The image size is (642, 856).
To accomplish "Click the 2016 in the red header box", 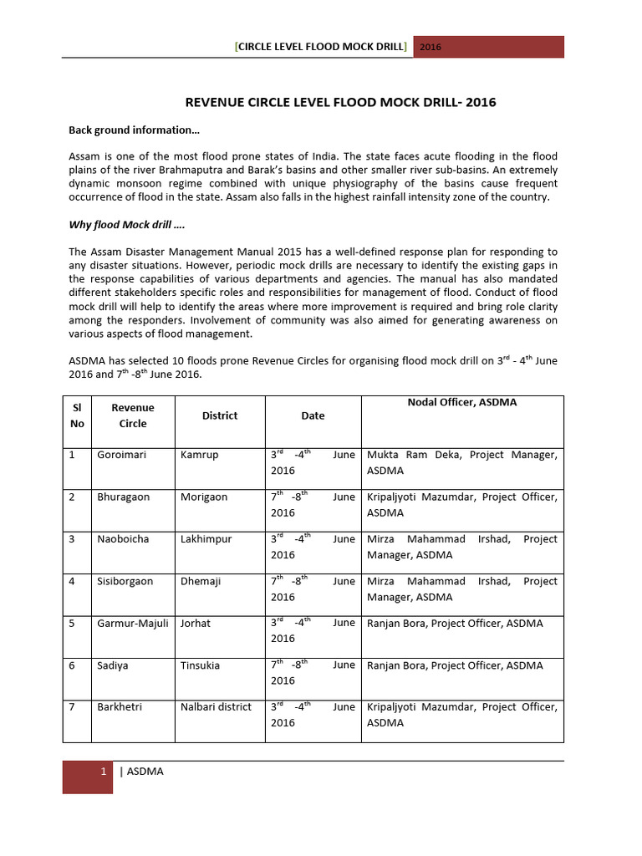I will [431, 47].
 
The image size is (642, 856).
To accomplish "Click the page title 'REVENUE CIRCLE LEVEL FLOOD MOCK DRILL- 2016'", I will [339, 103].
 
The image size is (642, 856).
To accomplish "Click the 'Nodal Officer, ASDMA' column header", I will [462, 402].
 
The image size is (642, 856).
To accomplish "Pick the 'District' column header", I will [220, 415].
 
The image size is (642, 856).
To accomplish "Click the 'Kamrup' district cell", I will [199, 455].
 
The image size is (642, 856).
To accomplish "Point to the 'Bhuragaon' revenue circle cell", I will [124, 497].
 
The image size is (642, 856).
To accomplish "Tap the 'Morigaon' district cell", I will [204, 497].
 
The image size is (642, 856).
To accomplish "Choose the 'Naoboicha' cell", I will [124, 539].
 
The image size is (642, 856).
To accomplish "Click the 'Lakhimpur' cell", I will [206, 539].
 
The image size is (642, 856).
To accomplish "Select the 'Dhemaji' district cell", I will [201, 581].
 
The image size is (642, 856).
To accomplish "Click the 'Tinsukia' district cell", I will [201, 665].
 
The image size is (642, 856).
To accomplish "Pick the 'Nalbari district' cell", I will [216, 706].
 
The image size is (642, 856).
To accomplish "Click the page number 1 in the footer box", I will [103, 772].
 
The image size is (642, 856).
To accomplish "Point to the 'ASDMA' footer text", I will [145, 772].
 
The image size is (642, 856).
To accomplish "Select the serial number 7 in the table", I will [73, 706].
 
